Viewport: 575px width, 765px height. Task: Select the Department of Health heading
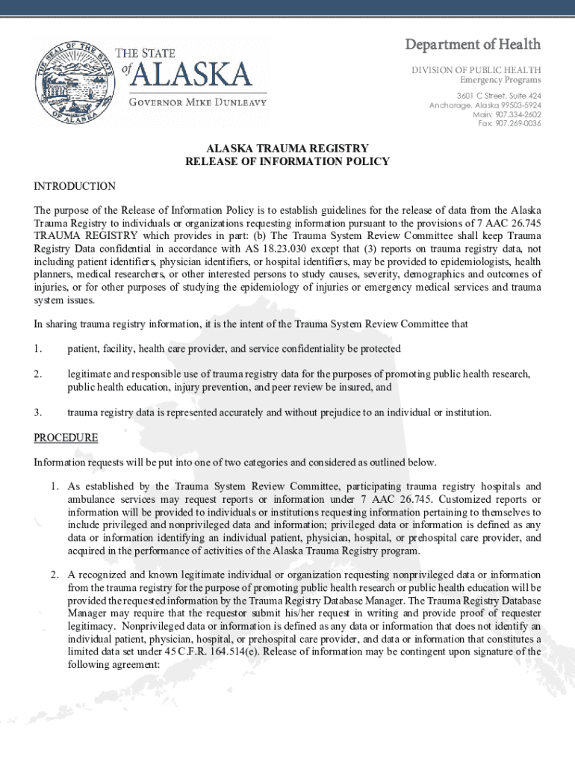point(473,46)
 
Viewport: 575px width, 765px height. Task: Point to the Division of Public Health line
point(476,69)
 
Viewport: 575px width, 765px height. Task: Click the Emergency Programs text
point(500,80)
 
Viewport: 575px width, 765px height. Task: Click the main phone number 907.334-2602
point(507,114)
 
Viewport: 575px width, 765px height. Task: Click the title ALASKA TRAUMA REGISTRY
point(287,149)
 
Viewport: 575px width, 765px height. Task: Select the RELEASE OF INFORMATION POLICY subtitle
point(287,161)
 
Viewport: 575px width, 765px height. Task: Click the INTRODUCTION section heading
point(75,186)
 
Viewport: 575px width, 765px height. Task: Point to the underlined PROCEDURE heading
point(66,438)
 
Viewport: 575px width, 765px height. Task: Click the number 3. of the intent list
point(37,412)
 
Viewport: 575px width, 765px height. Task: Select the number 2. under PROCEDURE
point(55,574)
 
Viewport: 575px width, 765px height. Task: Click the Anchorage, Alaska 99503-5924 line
point(485,105)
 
